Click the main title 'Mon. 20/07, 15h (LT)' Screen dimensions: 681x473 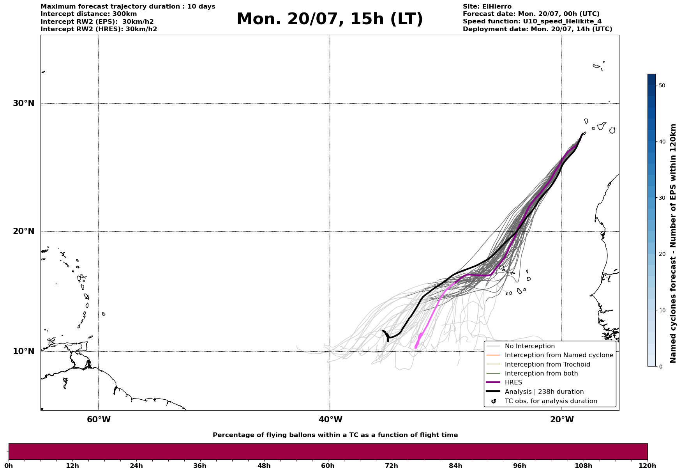coord(330,19)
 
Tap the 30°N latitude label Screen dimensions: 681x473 coord(24,103)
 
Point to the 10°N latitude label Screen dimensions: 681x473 coord(24,351)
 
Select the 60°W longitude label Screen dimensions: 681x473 coord(99,420)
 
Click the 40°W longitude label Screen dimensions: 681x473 coord(330,420)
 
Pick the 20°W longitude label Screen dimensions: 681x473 coord(562,420)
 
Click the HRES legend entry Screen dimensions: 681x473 coord(513,383)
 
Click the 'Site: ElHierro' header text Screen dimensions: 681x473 coord(487,7)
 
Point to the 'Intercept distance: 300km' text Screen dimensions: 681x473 coord(89,14)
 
